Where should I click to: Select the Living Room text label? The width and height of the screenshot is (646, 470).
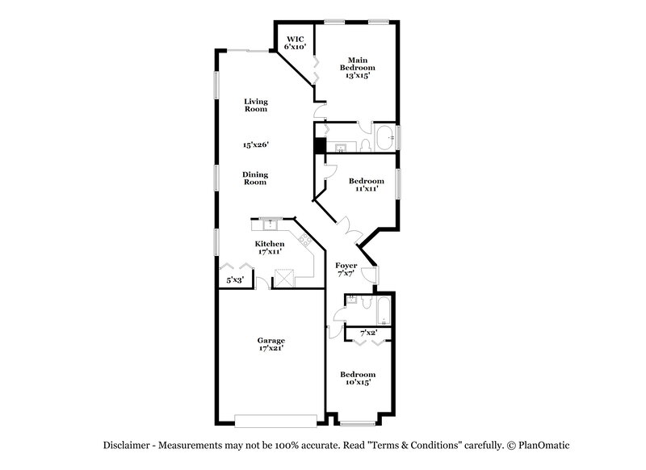pyautogui.click(x=256, y=105)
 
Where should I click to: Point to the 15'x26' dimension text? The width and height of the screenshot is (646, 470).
pyautogui.click(x=255, y=145)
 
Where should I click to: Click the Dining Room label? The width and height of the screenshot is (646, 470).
pyautogui.click(x=255, y=178)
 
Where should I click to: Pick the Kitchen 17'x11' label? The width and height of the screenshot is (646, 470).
pyautogui.click(x=269, y=248)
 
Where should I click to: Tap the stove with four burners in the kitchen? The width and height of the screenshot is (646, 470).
pyautogui.click(x=304, y=240)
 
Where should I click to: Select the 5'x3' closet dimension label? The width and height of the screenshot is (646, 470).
pyautogui.click(x=234, y=279)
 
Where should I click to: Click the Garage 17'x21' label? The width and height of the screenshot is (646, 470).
pyautogui.click(x=271, y=346)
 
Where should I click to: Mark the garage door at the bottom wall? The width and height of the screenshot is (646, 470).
pyautogui.click(x=275, y=420)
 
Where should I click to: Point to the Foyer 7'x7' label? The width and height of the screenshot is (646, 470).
pyautogui.click(x=346, y=270)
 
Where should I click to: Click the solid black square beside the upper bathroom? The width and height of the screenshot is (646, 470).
pyautogui.click(x=320, y=146)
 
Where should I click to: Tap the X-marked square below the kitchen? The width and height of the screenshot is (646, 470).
pyautogui.click(x=284, y=279)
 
